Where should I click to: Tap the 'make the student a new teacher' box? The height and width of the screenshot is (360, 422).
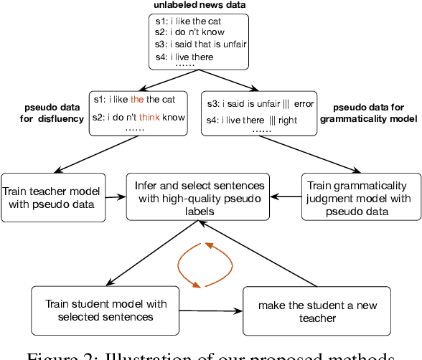coord(298,311)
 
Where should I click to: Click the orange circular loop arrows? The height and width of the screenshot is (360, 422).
coord(204,265)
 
